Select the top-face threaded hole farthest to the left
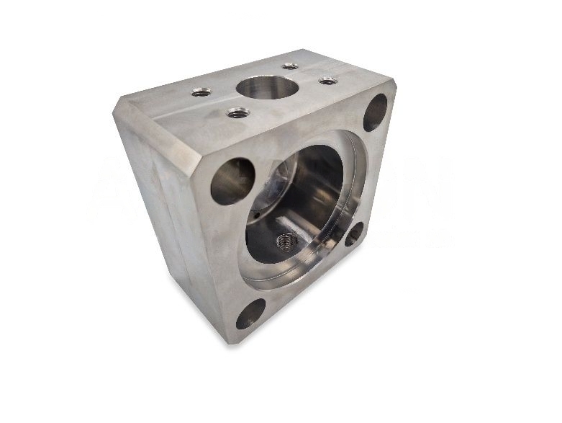pyautogui.click(x=199, y=92)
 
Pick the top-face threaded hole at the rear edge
pyautogui.click(x=290, y=66)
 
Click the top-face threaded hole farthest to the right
pyautogui.click(x=328, y=81)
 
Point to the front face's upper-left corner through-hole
pyautogui.click(x=232, y=180)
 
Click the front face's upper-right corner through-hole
pyautogui.click(x=375, y=112)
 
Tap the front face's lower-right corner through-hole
pyautogui.click(x=353, y=235)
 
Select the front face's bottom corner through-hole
pyautogui.click(x=250, y=314)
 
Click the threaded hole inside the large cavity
pyautogui.click(x=284, y=241)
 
